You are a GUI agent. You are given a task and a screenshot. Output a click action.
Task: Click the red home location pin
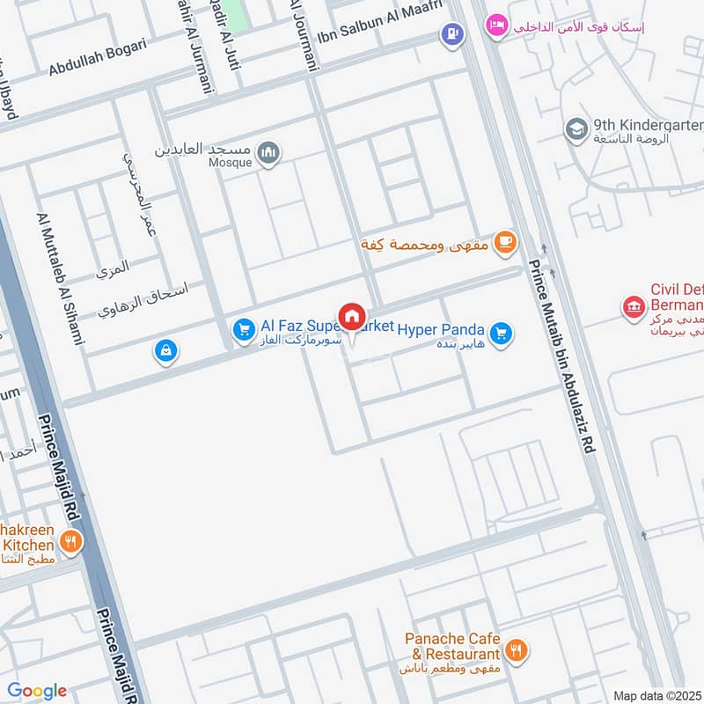coord(352,317)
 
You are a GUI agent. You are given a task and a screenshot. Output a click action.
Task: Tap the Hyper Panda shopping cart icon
coord(501,334)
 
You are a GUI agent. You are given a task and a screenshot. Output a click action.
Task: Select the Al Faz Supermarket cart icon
coord(243,330)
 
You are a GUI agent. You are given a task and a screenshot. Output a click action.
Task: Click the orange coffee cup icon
coord(504,243)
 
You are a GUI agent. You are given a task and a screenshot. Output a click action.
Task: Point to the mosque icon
coord(269,154)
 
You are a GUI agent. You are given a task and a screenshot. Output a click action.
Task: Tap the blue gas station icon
coord(451,35)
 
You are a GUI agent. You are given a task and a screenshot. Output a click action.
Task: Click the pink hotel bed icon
coord(496,25)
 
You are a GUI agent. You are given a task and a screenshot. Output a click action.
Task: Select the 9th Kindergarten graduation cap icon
coord(576,130)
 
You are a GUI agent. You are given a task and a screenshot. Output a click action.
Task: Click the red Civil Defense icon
coord(633,307)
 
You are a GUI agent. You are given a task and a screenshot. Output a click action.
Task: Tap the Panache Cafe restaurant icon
coord(517,651)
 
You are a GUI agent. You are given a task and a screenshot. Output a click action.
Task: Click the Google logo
coord(37,691)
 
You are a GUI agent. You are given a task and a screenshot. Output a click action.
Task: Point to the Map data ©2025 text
coord(656,695)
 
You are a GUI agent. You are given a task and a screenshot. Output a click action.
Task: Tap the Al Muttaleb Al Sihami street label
coord(60,277)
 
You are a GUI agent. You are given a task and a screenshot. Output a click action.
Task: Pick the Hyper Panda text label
coord(441,330)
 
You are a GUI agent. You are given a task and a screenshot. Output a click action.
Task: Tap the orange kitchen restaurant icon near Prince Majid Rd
coord(71,542)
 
